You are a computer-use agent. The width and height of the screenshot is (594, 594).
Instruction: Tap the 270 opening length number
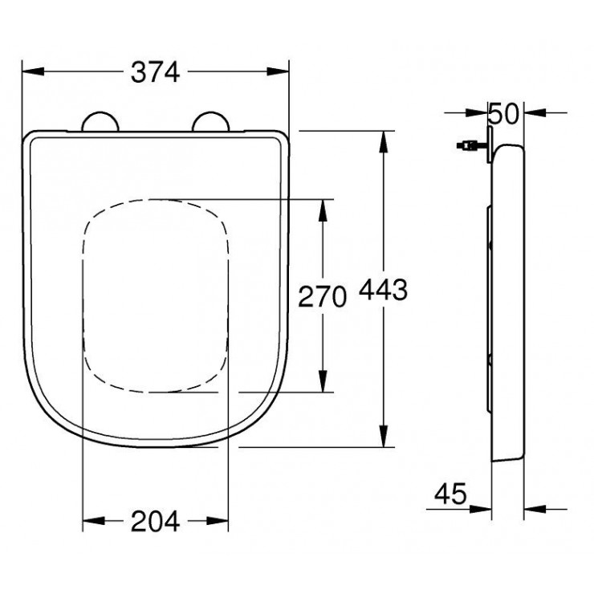322,296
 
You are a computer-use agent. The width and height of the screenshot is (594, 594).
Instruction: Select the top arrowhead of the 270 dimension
323,207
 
